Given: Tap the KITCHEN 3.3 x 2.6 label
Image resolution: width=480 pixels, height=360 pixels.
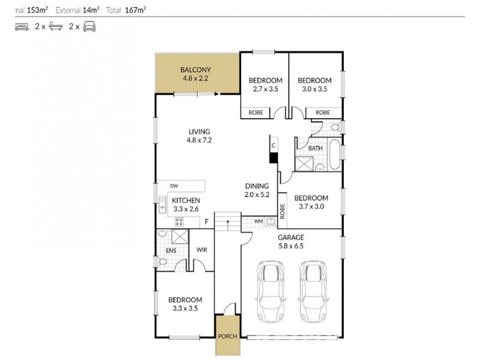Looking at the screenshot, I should (x=186, y=205).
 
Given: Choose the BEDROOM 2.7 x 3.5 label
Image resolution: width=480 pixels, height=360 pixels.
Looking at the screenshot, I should (x=265, y=85).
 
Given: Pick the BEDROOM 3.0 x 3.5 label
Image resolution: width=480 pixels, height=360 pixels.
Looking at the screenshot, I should (x=314, y=85).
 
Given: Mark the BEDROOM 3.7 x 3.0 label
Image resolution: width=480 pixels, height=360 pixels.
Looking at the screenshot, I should (x=311, y=202).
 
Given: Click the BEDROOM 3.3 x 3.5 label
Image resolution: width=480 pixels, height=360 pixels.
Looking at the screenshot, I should (x=185, y=304).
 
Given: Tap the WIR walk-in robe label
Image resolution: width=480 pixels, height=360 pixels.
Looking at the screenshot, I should (x=202, y=250).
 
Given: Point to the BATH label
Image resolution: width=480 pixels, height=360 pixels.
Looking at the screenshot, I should (x=315, y=148).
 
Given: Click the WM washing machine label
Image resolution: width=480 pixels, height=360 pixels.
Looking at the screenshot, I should (x=259, y=221).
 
